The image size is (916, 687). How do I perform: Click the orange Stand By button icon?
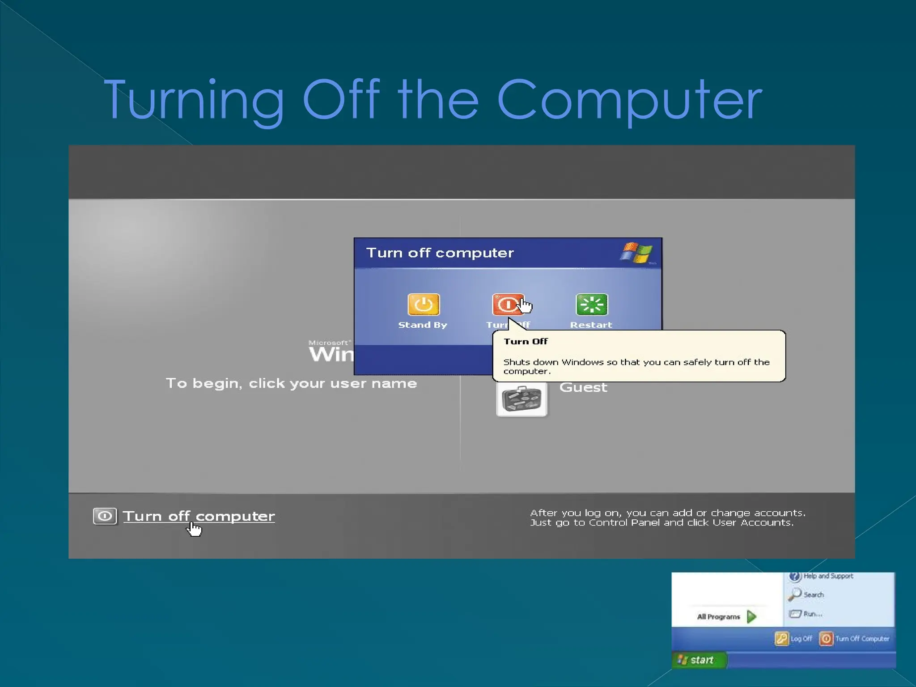423,305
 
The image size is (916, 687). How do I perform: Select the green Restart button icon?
591,305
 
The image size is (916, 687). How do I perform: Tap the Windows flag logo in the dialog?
636,253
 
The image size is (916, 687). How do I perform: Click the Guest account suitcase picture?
522,399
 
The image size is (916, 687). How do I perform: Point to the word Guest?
583,387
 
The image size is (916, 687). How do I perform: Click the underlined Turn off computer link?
199,516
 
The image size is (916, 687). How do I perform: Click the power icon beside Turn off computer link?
105,516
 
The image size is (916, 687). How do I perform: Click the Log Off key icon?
781,639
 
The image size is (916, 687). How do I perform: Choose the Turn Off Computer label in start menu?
862,639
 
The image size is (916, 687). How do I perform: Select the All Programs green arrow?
752,617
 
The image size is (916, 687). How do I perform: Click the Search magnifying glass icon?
795,594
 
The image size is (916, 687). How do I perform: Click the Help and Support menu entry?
828,576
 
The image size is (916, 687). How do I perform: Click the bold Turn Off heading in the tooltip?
526,342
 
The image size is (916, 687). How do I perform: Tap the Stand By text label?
423,325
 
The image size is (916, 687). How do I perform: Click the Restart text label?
591,325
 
